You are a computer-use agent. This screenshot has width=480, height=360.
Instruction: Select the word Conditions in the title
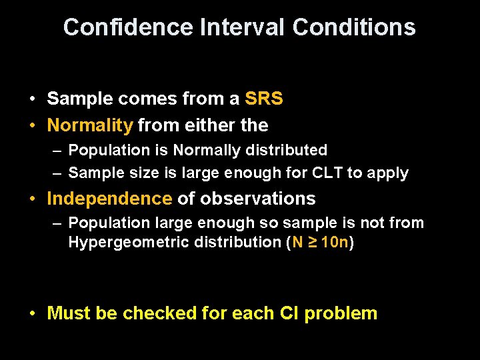tap(354, 27)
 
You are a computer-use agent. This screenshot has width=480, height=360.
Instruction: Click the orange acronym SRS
tap(264, 99)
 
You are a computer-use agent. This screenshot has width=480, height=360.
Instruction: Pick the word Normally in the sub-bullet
tap(203, 150)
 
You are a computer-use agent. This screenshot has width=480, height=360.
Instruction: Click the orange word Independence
tap(109, 199)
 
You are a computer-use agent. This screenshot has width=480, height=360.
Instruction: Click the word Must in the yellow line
tap(69, 313)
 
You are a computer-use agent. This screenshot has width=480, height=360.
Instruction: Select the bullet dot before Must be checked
tap(33, 314)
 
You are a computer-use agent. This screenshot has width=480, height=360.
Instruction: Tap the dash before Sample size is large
tap(58, 173)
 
